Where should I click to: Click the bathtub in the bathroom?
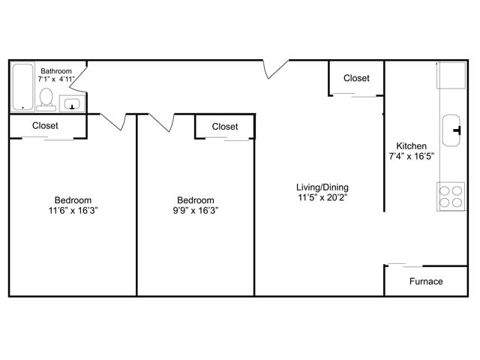(x=22, y=87)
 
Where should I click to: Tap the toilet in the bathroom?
(x=46, y=98)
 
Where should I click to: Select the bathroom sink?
(x=72, y=103)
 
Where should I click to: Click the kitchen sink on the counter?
(x=453, y=130)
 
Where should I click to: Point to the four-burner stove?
(x=451, y=196)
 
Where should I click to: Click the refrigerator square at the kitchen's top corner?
(x=452, y=74)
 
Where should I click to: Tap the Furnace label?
(x=425, y=282)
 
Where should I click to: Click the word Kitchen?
(x=411, y=146)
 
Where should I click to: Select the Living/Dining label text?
(x=322, y=187)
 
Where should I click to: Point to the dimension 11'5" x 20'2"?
(x=322, y=198)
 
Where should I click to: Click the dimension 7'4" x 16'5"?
(x=411, y=157)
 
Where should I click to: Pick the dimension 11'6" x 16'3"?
(x=73, y=211)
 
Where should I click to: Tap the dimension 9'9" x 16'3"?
(x=195, y=211)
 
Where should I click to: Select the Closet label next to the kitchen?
(x=356, y=78)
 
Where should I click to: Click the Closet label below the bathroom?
(x=45, y=126)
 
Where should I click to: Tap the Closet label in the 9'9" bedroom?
(x=224, y=127)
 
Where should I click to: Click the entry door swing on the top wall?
(x=276, y=69)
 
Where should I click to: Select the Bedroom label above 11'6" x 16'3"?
(x=73, y=200)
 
